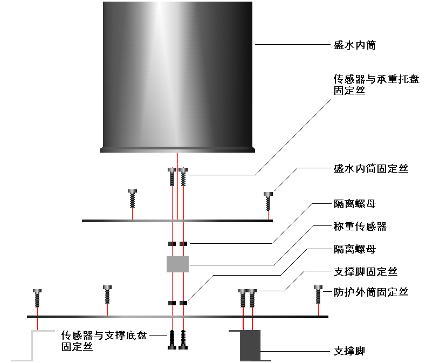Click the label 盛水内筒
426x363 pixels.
point(354,45)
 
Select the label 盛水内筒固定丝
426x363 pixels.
point(371,169)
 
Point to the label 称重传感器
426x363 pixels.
point(360,227)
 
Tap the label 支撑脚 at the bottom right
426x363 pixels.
point(349,352)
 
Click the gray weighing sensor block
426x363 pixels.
point(177,264)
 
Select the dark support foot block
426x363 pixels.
point(250,345)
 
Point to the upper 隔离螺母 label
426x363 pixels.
point(354,205)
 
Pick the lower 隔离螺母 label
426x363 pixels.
point(354,249)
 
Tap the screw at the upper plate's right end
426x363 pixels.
point(268,201)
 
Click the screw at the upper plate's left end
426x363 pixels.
point(133,198)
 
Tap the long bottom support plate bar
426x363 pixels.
point(177,317)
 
